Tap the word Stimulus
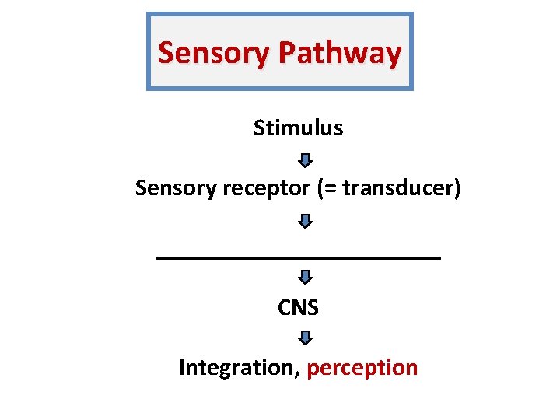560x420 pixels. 298,128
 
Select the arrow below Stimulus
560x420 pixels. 306,161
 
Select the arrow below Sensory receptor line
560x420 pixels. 306,222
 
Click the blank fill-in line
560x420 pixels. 299,256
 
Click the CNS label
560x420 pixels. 299,308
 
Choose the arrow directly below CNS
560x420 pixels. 306,338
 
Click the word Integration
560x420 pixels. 236,367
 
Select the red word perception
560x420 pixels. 362,368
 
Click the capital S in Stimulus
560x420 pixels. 259,128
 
